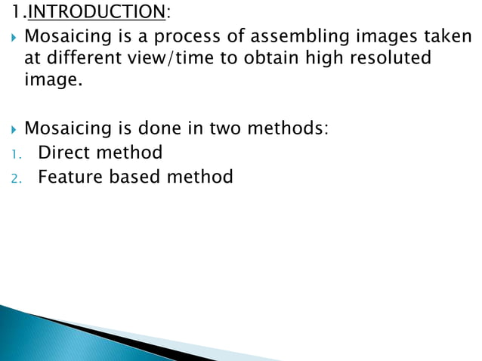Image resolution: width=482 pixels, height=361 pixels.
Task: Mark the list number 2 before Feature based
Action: click(14, 179)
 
